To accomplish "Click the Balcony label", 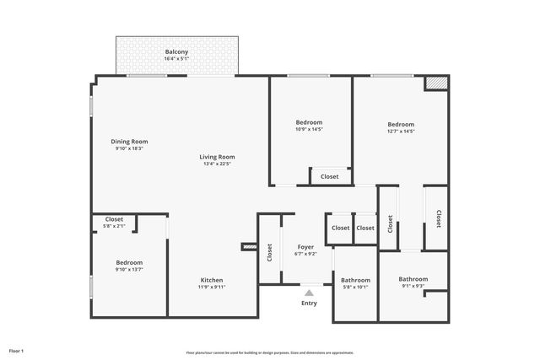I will coord(176,52).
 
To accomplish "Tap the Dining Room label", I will coord(129,142).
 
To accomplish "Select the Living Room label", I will coord(217,157).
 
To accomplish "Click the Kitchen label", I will coord(211,280).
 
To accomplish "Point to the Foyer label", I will coord(305,247).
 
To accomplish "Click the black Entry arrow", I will coord(309,292).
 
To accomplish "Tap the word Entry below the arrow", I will coord(309,303).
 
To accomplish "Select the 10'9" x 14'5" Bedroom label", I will coord(310,121).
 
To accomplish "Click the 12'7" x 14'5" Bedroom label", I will coord(401,124).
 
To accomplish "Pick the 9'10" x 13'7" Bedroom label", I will coord(129,262).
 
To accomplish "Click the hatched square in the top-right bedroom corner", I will coord(435,83).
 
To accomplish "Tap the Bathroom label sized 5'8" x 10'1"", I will coord(355,280).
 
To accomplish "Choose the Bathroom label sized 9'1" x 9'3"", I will coord(413,279).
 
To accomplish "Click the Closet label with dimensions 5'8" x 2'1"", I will coord(114,219).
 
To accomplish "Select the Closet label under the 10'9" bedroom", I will coord(329,176).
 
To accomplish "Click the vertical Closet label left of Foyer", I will coord(269,251).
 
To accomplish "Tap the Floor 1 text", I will coord(16,350).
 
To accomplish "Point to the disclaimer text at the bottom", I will coord(269,352).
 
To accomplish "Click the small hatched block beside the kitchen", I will coord(249,247).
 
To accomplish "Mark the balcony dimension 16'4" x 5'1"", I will coord(176,59).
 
